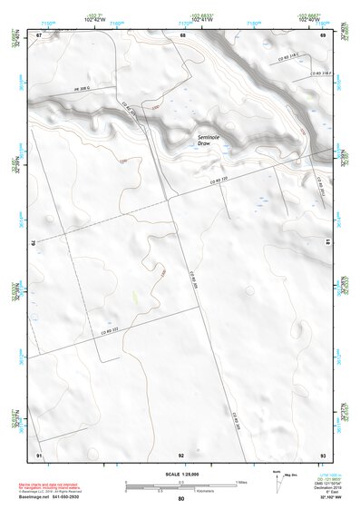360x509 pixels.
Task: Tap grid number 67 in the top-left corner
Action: tap(39, 34)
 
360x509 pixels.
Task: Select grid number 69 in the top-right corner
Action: tap(323, 34)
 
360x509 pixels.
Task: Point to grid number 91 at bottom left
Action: tap(39, 454)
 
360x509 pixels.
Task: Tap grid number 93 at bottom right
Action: tap(323, 454)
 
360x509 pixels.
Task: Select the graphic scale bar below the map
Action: tap(180, 485)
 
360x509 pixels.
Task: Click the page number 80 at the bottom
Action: tap(180, 499)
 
